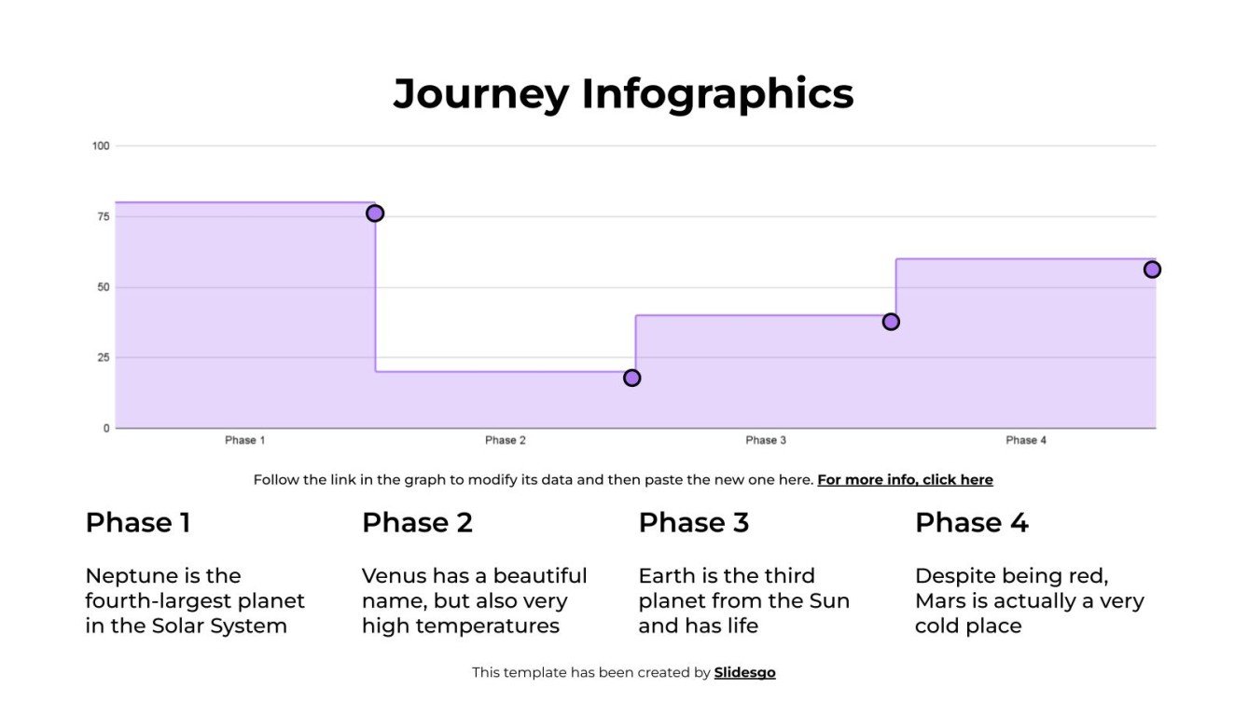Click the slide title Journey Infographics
click(623, 94)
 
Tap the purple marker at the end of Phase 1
click(375, 213)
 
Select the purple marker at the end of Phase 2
click(632, 378)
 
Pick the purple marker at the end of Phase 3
click(891, 322)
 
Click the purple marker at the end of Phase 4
click(1152, 269)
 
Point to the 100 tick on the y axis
click(101, 145)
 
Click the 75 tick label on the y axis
click(103, 216)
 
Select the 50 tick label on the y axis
click(103, 287)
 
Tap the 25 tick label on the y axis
click(103, 357)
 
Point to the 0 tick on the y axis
click(106, 428)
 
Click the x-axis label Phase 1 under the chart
click(245, 440)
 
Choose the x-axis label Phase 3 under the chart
click(766, 440)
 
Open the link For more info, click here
click(905, 480)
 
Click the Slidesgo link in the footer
click(744, 672)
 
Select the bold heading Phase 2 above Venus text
click(417, 523)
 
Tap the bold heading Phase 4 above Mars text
click(971, 523)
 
